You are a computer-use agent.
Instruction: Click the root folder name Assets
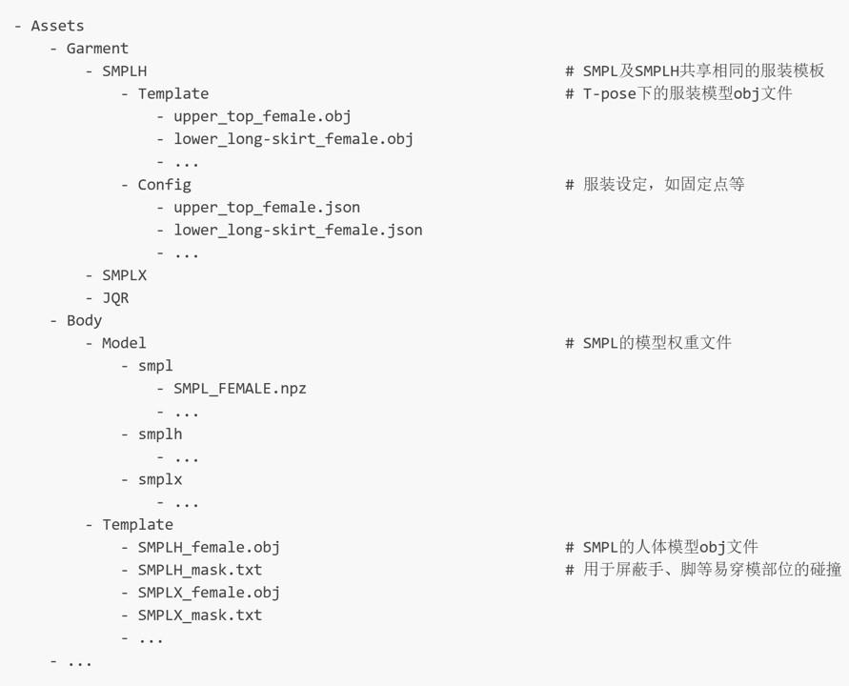click(57, 26)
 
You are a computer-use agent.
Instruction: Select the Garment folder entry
click(97, 49)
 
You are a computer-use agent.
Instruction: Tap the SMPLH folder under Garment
click(125, 71)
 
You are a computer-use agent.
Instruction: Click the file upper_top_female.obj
click(262, 116)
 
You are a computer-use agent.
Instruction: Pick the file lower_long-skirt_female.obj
click(293, 139)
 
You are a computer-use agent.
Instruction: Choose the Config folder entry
click(164, 185)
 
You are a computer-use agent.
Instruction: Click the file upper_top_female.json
click(267, 207)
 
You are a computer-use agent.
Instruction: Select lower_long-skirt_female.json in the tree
click(297, 230)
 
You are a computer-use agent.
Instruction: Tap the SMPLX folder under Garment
click(125, 275)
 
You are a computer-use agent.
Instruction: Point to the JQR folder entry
click(115, 297)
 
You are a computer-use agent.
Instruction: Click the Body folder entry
click(84, 320)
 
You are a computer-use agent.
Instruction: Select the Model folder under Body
click(124, 343)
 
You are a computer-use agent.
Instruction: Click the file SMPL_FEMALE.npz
click(240, 389)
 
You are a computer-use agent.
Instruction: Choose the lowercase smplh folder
click(160, 434)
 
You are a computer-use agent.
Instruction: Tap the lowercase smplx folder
click(160, 479)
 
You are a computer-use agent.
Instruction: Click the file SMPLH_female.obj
click(209, 547)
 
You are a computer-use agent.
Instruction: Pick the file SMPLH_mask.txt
click(200, 570)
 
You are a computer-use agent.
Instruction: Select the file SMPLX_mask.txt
click(200, 615)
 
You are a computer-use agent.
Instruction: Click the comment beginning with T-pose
click(686, 93)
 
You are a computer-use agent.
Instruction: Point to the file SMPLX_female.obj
click(209, 593)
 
